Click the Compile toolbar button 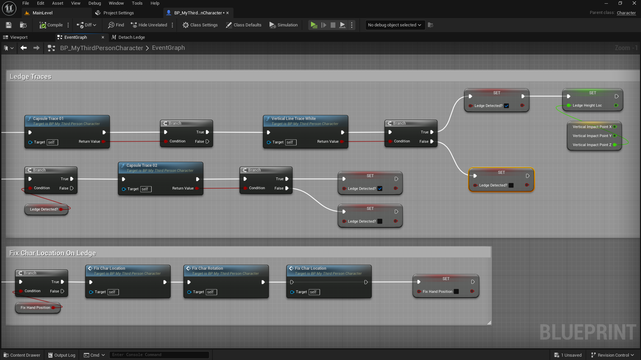(x=51, y=25)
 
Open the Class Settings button (x=200, y=25)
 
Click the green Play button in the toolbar (x=314, y=25)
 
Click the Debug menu (x=95, y=3)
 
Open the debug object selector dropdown (x=394, y=25)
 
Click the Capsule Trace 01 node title (x=48, y=119)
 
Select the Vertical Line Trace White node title (x=293, y=119)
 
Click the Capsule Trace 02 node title (x=142, y=165)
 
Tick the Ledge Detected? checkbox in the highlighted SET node (x=511, y=186)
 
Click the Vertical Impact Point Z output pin (x=615, y=145)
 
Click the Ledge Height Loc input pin (x=569, y=106)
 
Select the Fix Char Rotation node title (x=207, y=268)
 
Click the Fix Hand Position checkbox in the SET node (x=456, y=292)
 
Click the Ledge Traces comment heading (x=30, y=77)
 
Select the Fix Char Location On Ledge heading (x=52, y=253)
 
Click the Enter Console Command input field (x=159, y=355)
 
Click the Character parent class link (x=626, y=13)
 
